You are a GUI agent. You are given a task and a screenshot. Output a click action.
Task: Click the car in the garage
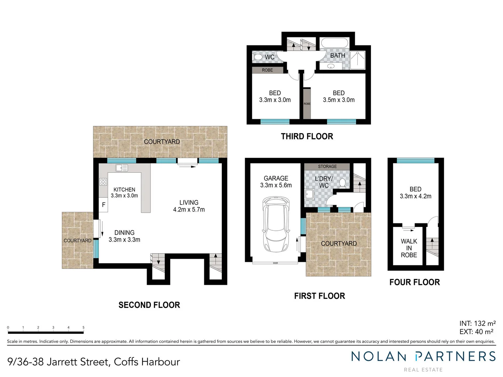276,224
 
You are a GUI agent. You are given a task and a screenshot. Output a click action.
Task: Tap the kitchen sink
122,168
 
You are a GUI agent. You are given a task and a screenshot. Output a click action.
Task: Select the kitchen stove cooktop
103,182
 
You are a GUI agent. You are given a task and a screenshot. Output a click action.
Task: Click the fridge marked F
103,205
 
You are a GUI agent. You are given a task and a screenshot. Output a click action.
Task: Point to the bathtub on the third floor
334,43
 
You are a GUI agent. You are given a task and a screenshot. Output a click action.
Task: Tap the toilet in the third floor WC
258,57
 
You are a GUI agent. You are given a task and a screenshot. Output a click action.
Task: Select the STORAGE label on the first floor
327,167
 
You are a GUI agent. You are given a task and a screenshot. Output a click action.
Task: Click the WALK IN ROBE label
409,248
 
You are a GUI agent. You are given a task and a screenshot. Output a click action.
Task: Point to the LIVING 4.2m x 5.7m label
189,206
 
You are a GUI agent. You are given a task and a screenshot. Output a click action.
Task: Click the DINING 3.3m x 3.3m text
124,236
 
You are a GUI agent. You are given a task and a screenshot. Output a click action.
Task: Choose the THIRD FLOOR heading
307,136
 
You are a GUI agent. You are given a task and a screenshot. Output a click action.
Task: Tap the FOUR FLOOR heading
415,282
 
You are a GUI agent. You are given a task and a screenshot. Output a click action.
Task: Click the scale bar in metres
46,332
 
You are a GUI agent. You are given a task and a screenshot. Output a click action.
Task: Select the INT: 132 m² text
477,323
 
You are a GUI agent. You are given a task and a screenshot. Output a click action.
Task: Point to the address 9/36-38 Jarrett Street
94,362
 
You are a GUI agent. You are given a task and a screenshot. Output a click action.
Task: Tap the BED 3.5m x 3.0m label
338,96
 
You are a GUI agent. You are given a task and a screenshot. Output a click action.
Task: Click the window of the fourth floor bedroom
415,161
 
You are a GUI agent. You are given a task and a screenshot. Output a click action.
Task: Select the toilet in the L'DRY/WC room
343,183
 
